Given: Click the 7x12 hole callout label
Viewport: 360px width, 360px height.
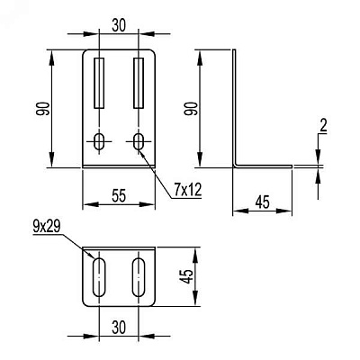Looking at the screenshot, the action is point(187,190).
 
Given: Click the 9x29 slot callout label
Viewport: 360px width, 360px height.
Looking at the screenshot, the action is point(47,228).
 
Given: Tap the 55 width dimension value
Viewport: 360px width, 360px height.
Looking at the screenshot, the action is point(119,196).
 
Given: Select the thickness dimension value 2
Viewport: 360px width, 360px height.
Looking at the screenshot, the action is point(323,126).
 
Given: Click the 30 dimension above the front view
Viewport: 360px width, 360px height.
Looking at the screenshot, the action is point(119,26).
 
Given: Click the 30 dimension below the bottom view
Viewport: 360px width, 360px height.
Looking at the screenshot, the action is point(119,328).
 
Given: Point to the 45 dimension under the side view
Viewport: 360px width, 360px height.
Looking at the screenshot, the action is point(263,202).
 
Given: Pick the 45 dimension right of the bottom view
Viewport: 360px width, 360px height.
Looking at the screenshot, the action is point(187,276).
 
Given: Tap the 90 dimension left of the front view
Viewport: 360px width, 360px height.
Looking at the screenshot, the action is point(42,109).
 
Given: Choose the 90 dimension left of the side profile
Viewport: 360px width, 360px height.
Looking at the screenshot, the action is point(191,109).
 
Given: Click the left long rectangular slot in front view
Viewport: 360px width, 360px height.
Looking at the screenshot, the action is point(99,83).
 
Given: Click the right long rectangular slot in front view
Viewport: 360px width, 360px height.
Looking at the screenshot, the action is point(139,83).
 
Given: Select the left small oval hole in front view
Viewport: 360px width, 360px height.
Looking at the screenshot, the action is point(99,141).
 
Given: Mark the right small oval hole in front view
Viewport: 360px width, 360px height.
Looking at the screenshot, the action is point(139,141).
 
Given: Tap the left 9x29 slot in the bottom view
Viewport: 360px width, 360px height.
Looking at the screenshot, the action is point(99,277).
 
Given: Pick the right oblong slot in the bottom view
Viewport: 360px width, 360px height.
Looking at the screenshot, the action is point(139,277).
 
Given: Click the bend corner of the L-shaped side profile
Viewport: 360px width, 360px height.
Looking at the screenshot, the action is point(235,166).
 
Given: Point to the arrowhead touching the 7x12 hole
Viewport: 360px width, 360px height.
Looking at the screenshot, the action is point(142,152).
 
